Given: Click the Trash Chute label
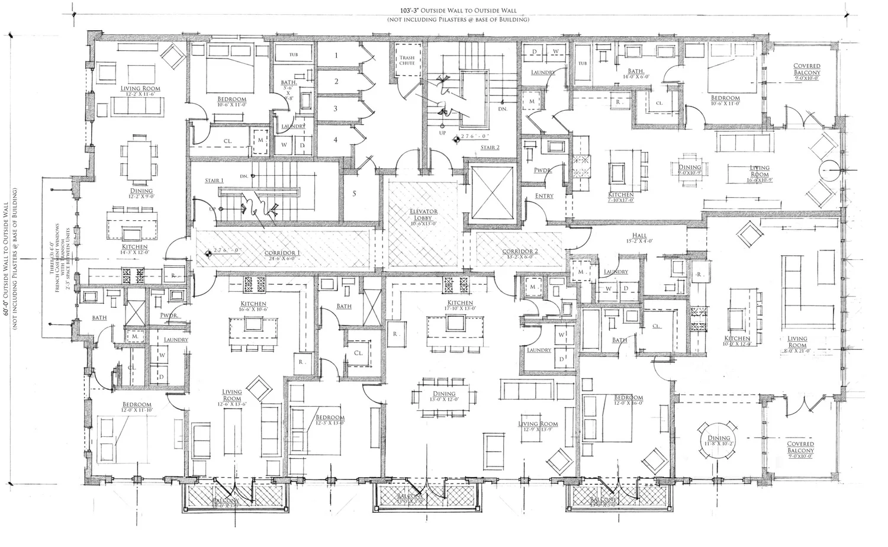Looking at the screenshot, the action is pyautogui.click(x=407, y=59).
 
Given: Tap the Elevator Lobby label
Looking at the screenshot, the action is pyautogui.click(x=423, y=214).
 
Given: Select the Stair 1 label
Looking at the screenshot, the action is pyautogui.click(x=214, y=181).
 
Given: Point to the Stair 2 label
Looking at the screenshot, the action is pyautogui.click(x=490, y=147).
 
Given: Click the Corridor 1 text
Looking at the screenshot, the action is pyautogui.click(x=282, y=253).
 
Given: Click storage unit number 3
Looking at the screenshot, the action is pyautogui.click(x=336, y=109).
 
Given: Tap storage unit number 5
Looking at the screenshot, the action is pyautogui.click(x=354, y=194).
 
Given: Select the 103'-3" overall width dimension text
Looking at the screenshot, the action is pyautogui.click(x=458, y=11).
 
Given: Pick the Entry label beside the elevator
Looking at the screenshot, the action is pyautogui.click(x=544, y=196).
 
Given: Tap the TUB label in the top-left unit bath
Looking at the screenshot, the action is pyautogui.click(x=293, y=55).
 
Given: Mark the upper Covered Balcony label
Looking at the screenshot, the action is pyautogui.click(x=807, y=69).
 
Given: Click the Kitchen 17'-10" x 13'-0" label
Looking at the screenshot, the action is pyautogui.click(x=460, y=304).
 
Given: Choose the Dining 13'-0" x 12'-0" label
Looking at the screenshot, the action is pyautogui.click(x=443, y=394).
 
